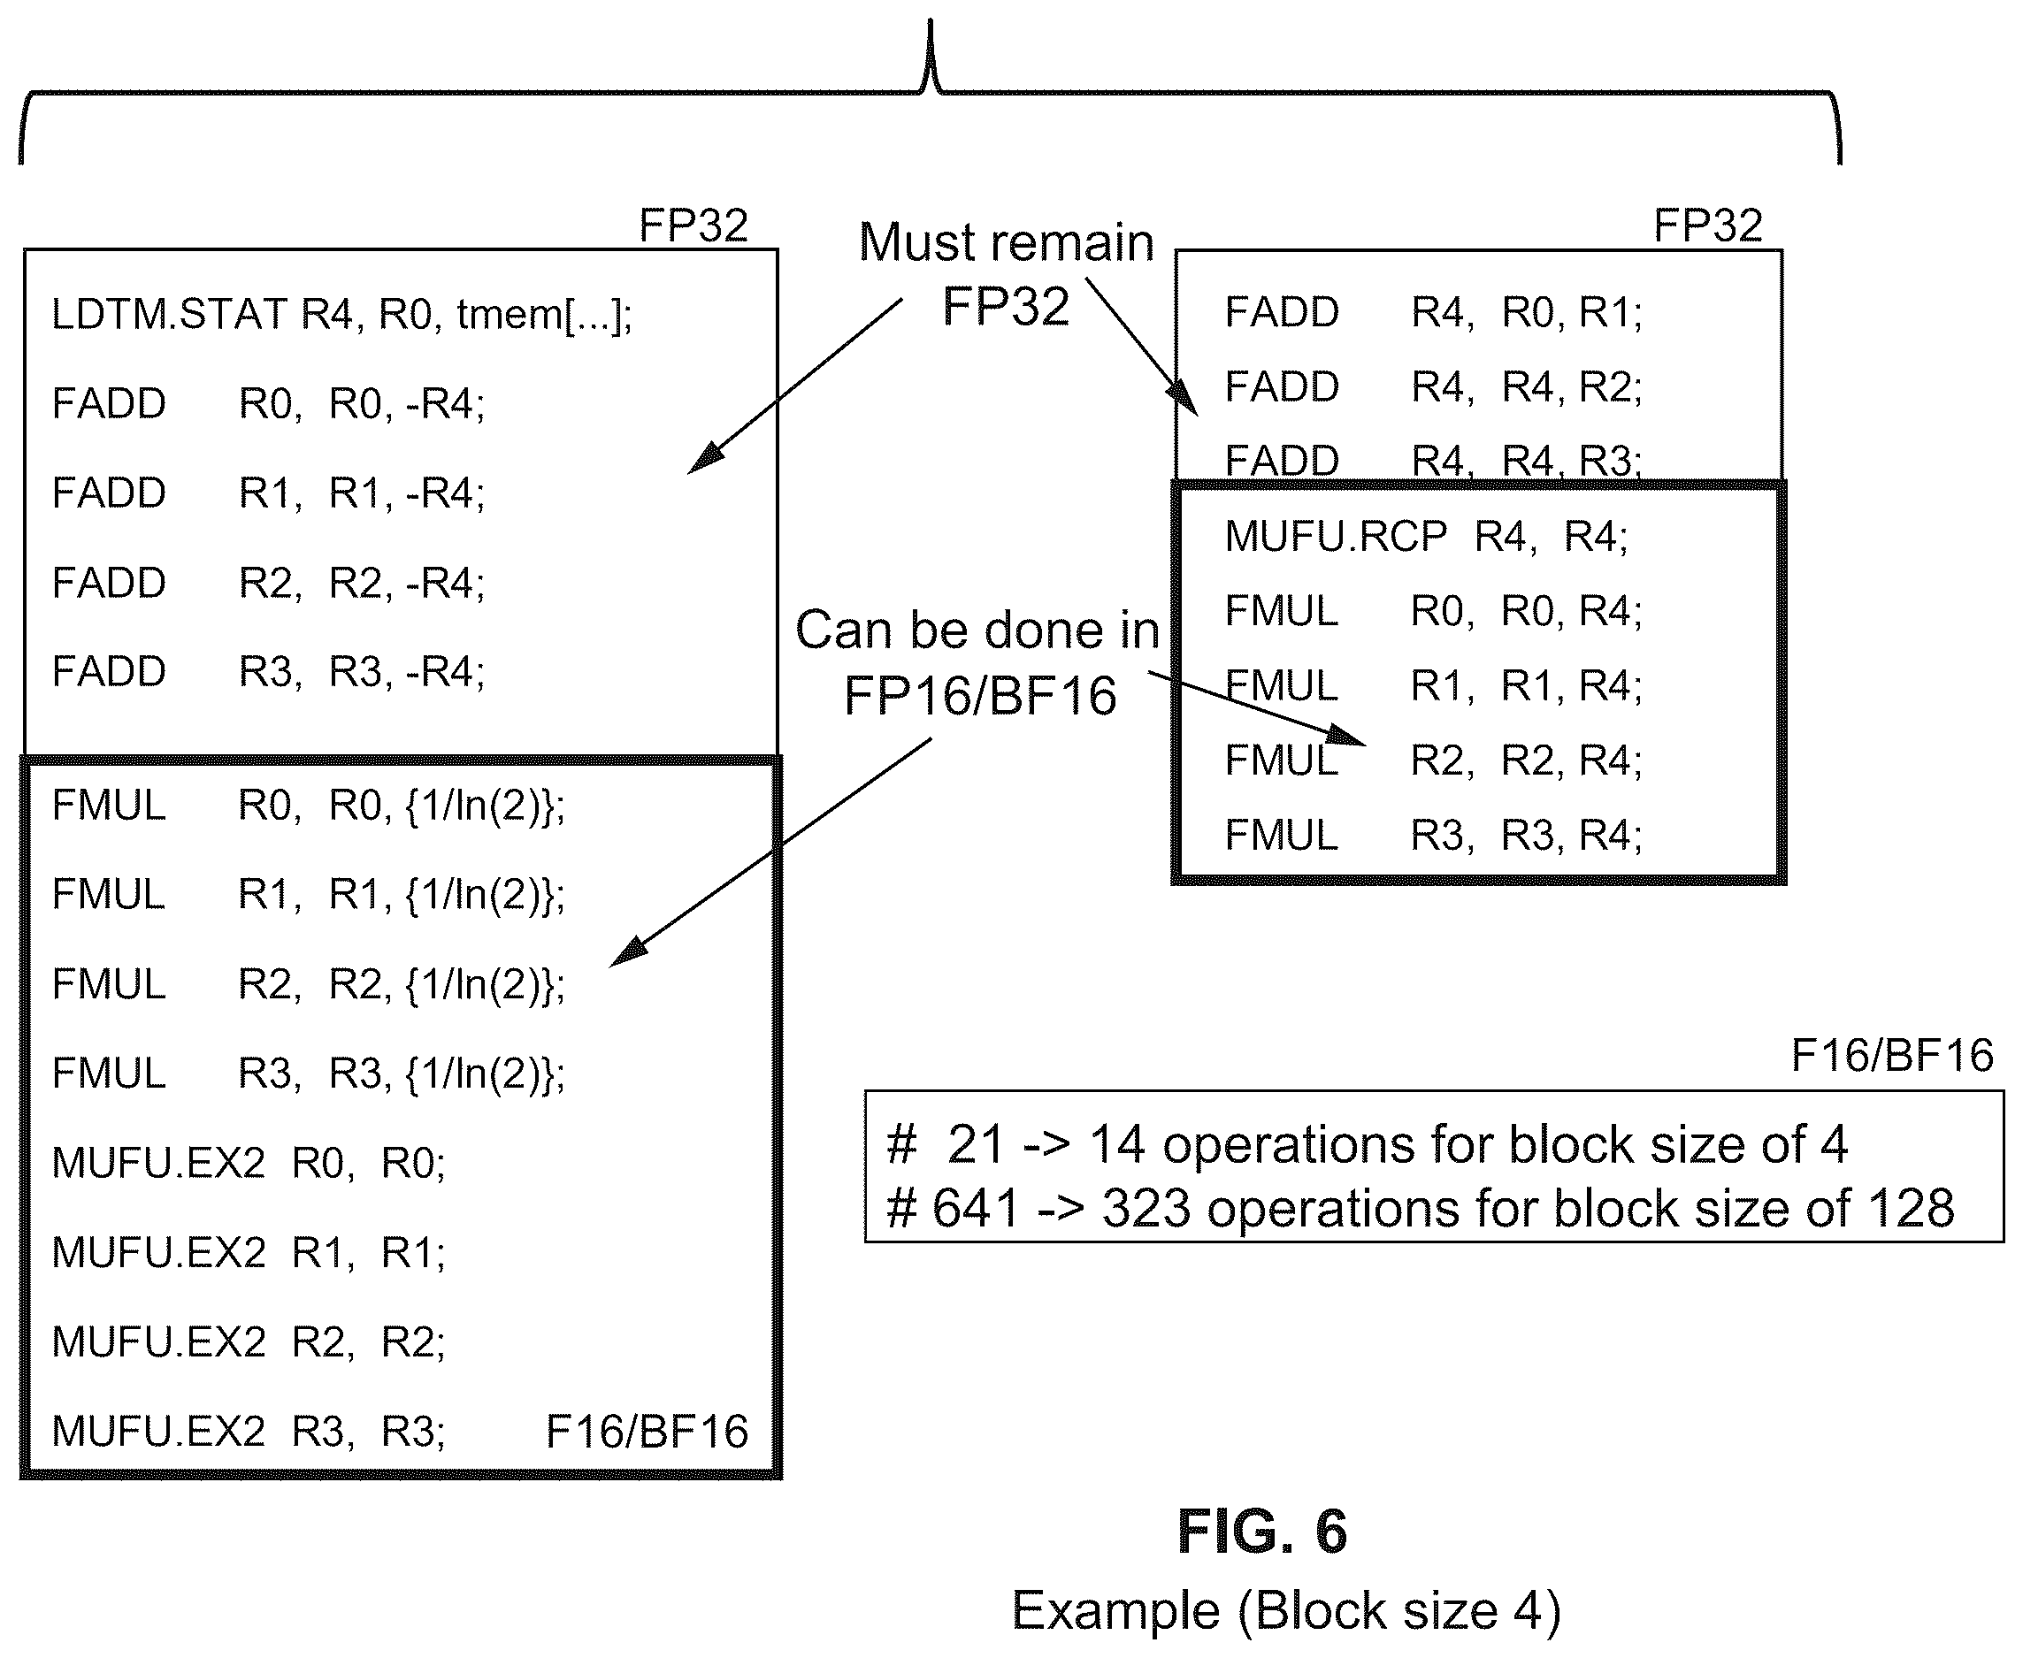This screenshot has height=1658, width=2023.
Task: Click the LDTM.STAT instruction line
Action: tap(341, 314)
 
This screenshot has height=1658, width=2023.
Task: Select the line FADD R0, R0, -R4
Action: tap(268, 403)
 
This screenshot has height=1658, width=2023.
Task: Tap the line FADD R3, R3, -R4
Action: tap(268, 671)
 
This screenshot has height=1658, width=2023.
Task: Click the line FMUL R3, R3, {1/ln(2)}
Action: tap(308, 1073)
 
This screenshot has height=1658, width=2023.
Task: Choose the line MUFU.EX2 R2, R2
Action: tap(249, 1341)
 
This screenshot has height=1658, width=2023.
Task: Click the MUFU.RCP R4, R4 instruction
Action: tap(1426, 537)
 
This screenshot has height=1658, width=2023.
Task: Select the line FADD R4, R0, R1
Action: tap(1433, 312)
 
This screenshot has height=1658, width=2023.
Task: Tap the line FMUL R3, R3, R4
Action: tap(1433, 836)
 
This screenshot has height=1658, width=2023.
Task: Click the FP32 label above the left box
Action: tap(693, 225)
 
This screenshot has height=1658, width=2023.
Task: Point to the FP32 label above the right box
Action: tap(1707, 225)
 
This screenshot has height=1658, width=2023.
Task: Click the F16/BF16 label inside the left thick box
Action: tap(647, 1432)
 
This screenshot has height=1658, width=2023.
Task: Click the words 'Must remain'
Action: tap(1006, 242)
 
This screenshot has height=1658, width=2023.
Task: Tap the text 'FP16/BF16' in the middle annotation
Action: tap(980, 695)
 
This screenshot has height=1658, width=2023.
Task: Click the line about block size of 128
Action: tap(1421, 1209)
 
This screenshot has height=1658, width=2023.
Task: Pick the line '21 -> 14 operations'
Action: tap(1367, 1144)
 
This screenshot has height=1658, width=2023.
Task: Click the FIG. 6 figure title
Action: tap(1261, 1532)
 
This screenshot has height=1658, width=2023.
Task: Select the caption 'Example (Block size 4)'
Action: tap(1286, 1610)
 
